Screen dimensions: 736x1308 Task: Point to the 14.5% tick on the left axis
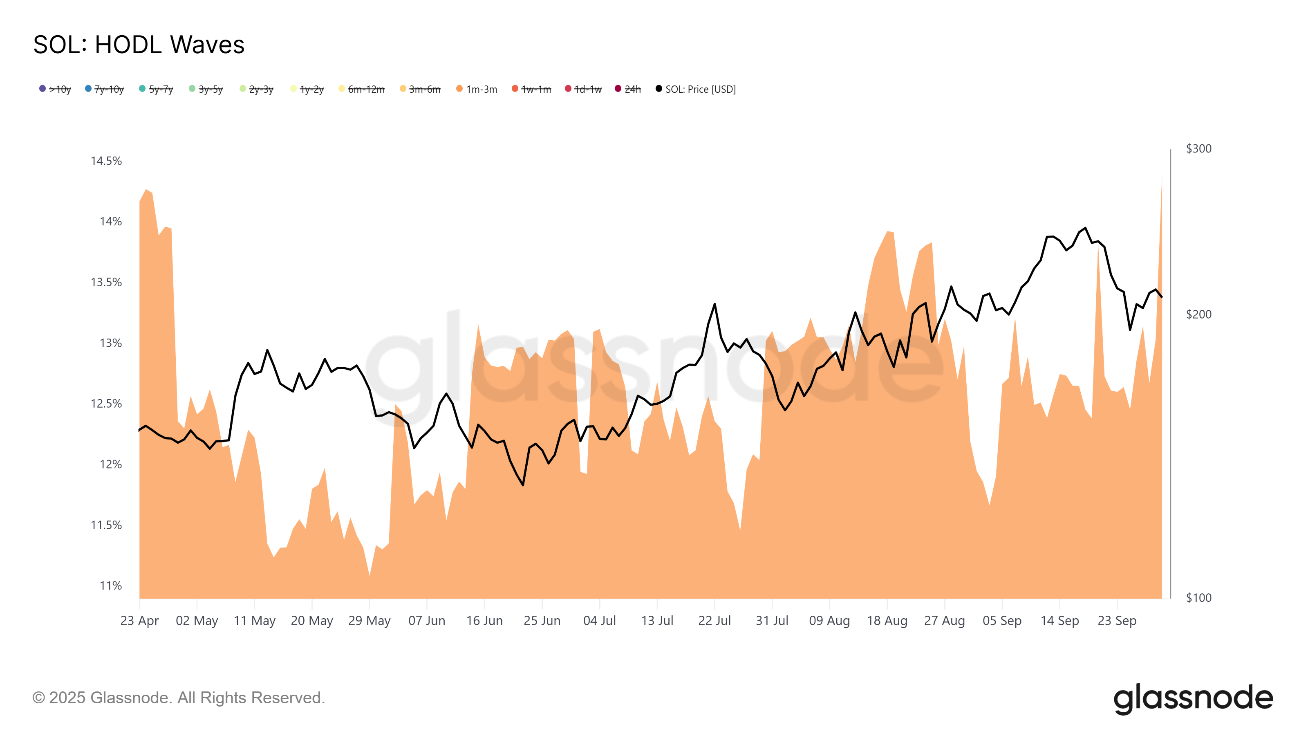coord(106,161)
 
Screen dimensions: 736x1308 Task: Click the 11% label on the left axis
coord(111,586)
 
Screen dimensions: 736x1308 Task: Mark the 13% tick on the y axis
coord(111,343)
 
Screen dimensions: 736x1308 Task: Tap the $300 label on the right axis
coord(1198,148)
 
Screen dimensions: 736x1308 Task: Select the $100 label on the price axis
coord(1198,597)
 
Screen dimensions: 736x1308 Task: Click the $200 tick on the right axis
coord(1198,314)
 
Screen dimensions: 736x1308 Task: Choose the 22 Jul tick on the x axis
coord(714,621)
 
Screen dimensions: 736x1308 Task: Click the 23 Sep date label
coord(1117,621)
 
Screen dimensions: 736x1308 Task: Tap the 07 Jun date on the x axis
coord(426,621)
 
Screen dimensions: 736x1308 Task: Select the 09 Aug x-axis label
coord(829,621)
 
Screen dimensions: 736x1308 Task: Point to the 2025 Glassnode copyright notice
coord(178,698)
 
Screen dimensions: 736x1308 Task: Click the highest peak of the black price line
coord(1085,228)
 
